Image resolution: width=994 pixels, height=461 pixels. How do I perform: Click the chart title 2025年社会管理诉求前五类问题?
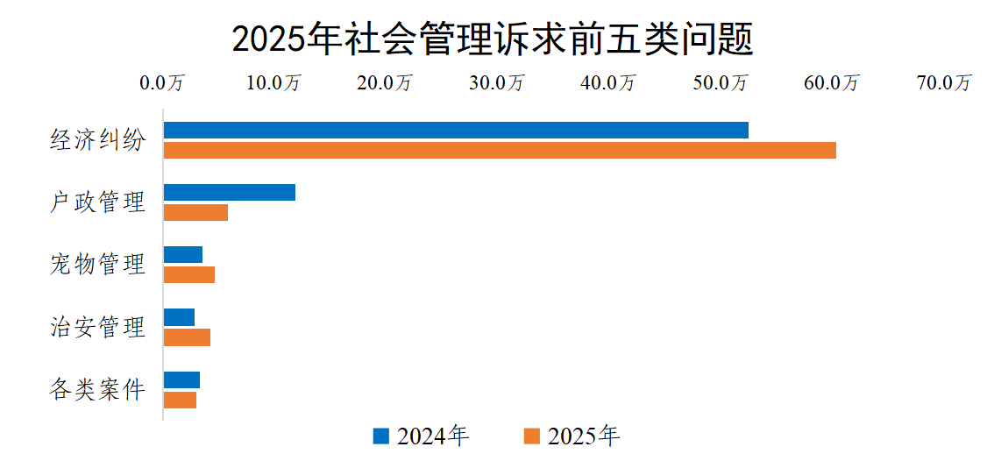(493, 39)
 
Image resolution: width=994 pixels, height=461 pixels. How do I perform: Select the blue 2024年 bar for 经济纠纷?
(456, 130)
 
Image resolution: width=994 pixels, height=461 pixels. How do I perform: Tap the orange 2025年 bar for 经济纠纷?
(500, 150)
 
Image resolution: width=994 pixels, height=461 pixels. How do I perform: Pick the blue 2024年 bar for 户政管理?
(230, 192)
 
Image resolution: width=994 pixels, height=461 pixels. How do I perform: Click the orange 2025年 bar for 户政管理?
(195, 212)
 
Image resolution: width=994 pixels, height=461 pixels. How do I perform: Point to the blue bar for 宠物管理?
(183, 255)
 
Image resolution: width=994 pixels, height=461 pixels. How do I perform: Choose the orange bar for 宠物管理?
(189, 275)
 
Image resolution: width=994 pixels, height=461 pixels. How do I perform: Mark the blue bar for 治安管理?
(179, 317)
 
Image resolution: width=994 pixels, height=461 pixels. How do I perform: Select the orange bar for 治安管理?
(187, 337)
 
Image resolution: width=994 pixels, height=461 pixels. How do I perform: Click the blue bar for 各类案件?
(181, 379)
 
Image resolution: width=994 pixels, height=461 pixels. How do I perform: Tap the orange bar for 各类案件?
(180, 400)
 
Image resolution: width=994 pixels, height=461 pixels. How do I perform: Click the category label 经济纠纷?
(96, 140)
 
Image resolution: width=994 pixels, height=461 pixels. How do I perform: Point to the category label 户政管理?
(96, 202)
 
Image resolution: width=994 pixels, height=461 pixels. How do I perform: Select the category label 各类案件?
(96, 390)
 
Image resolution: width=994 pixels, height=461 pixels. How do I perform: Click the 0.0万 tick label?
(162, 83)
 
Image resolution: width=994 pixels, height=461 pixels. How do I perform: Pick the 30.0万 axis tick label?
(496, 83)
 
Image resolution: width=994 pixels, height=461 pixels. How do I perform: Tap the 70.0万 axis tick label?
(944, 83)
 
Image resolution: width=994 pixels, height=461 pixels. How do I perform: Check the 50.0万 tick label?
(721, 83)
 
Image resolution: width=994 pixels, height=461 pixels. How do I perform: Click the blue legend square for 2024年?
(380, 436)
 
